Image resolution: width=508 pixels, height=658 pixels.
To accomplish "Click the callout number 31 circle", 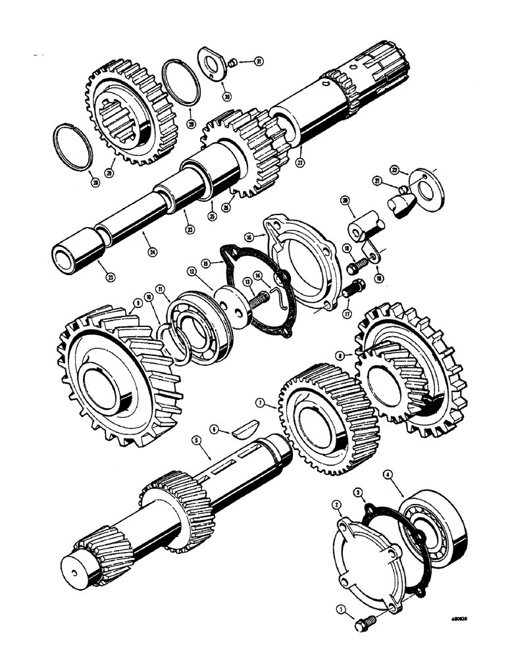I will pyautogui.click(x=259, y=62).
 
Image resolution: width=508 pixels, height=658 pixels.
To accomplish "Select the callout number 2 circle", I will pyautogui.click(x=336, y=505).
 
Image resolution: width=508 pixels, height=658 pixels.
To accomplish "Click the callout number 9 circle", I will pyautogui.click(x=138, y=303).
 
